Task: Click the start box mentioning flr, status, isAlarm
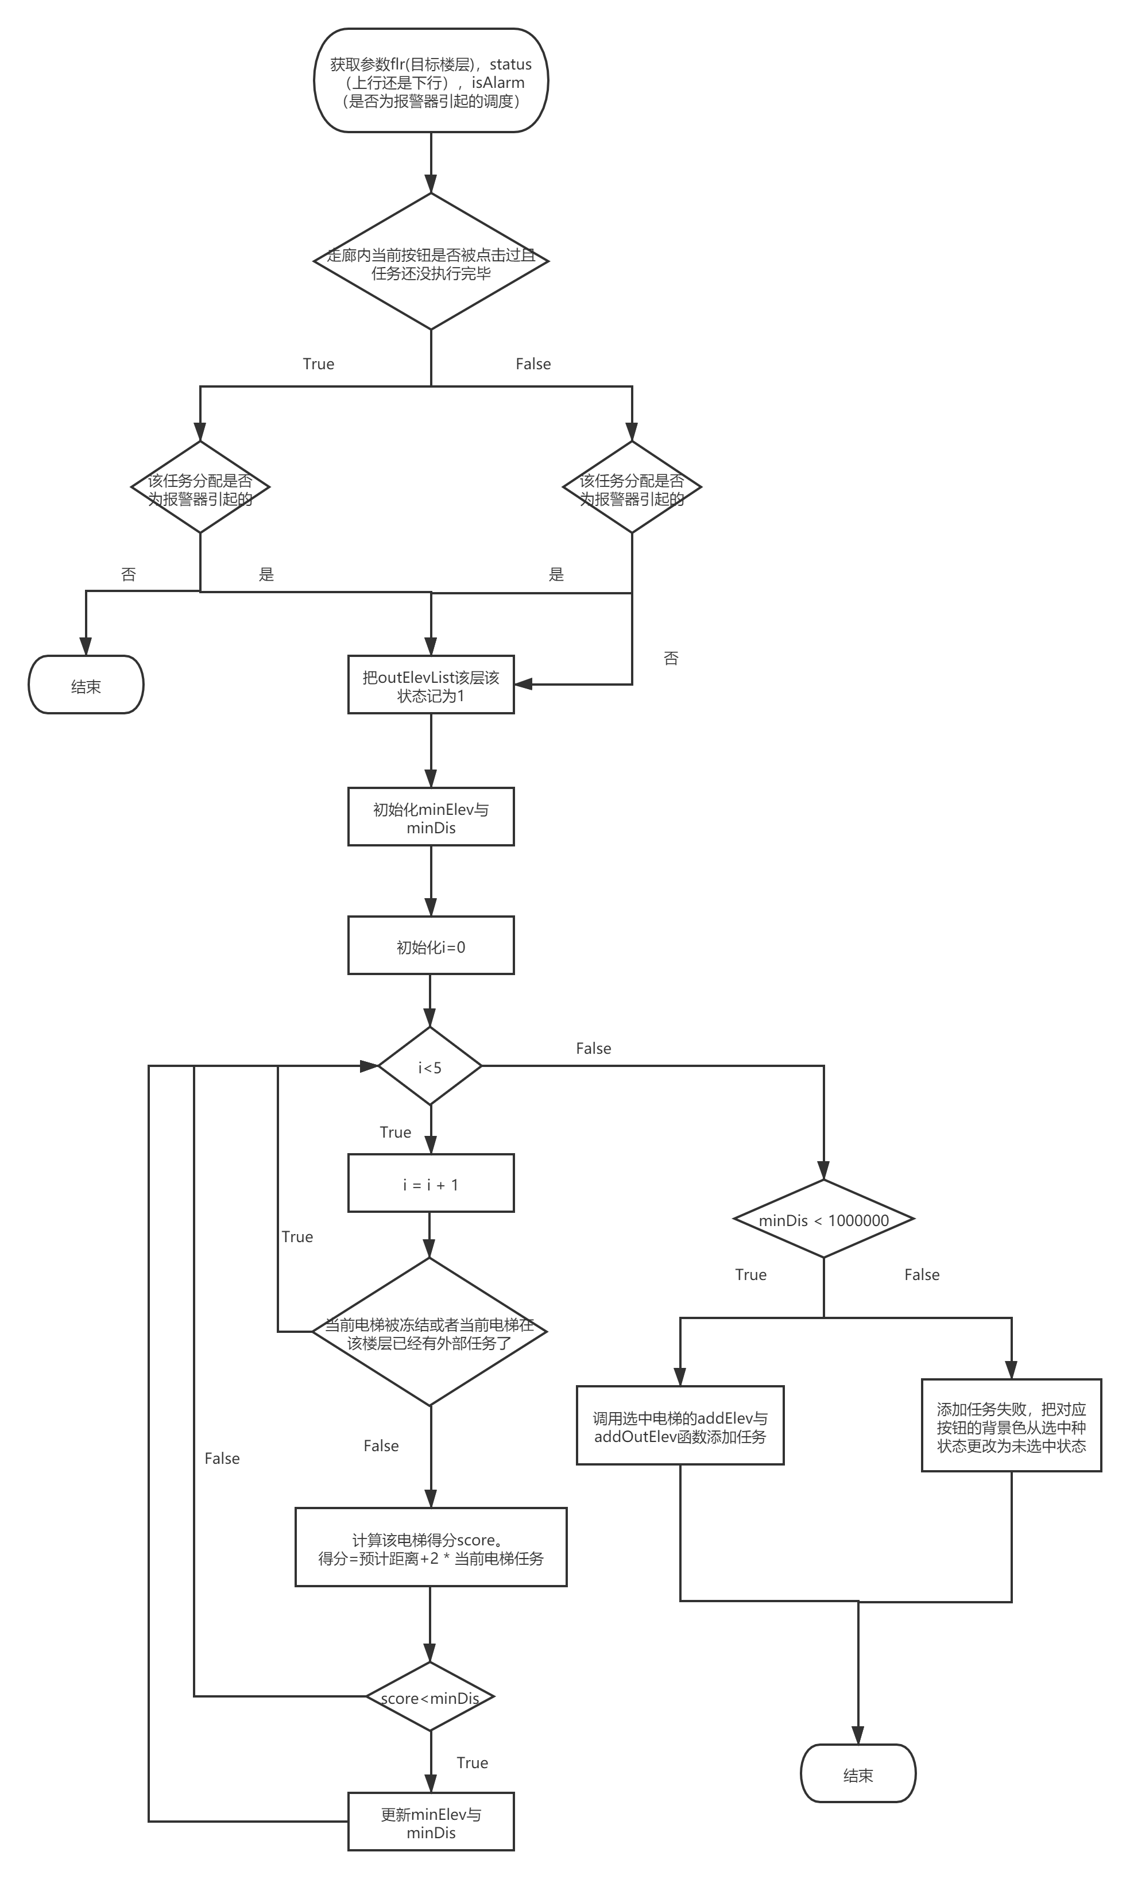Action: (x=431, y=82)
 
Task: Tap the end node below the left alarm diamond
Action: (x=86, y=685)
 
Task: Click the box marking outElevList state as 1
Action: (x=431, y=685)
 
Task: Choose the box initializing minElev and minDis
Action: (x=431, y=818)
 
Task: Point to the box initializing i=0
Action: (x=431, y=946)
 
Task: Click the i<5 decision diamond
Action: (x=430, y=1066)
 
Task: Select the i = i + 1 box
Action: (x=431, y=1184)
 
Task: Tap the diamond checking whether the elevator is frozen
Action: (x=430, y=1332)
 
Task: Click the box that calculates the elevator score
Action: (x=431, y=1548)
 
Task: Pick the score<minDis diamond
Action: (x=430, y=1697)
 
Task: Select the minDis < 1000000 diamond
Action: (x=823, y=1220)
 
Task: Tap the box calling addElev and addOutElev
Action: (x=680, y=1426)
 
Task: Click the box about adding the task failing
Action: (x=1011, y=1426)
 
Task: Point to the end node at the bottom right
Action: (x=858, y=1774)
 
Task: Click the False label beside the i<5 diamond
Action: (x=593, y=1049)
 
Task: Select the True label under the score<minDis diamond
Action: (x=472, y=1762)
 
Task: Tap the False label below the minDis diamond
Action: (x=922, y=1274)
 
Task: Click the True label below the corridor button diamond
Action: (x=318, y=364)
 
